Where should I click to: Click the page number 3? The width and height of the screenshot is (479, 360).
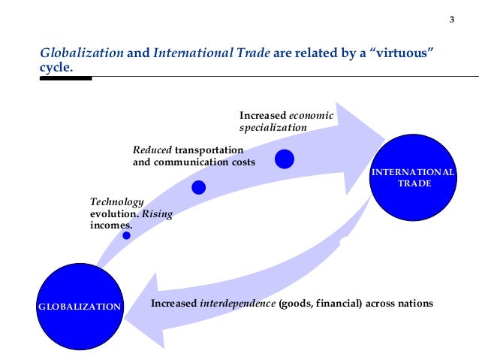(451, 20)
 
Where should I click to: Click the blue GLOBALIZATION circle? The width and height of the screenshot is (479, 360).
(80, 307)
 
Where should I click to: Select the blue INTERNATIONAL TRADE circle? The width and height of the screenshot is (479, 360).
(414, 177)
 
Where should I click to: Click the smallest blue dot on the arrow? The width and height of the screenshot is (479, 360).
(126, 235)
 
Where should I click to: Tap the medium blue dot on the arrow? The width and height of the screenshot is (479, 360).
(198, 187)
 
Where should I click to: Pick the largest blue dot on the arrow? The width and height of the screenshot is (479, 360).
(285, 159)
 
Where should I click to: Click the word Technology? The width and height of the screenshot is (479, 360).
(116, 202)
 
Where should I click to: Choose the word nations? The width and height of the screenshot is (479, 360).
(415, 304)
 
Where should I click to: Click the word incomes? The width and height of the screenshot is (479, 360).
(110, 225)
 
